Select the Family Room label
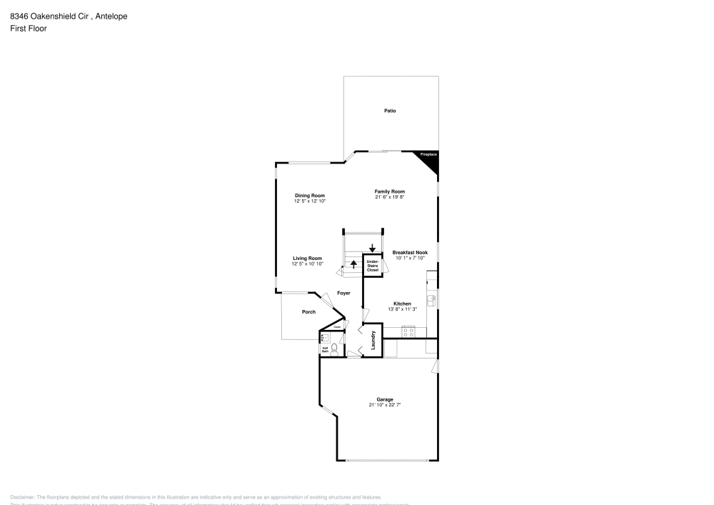click(x=390, y=191)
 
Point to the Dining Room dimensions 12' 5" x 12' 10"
click(x=310, y=201)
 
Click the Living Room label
click(x=307, y=259)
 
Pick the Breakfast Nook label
click(x=410, y=252)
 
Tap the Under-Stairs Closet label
click(x=372, y=266)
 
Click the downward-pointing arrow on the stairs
click(x=372, y=248)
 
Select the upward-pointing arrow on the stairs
click(x=353, y=264)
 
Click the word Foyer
click(x=344, y=293)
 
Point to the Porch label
click(x=308, y=312)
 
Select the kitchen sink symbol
click(x=431, y=300)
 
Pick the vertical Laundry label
click(x=373, y=339)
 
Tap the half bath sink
click(x=323, y=337)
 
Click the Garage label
click(x=386, y=399)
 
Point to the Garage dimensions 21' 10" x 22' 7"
click(x=386, y=405)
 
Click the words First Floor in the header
click(x=29, y=29)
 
